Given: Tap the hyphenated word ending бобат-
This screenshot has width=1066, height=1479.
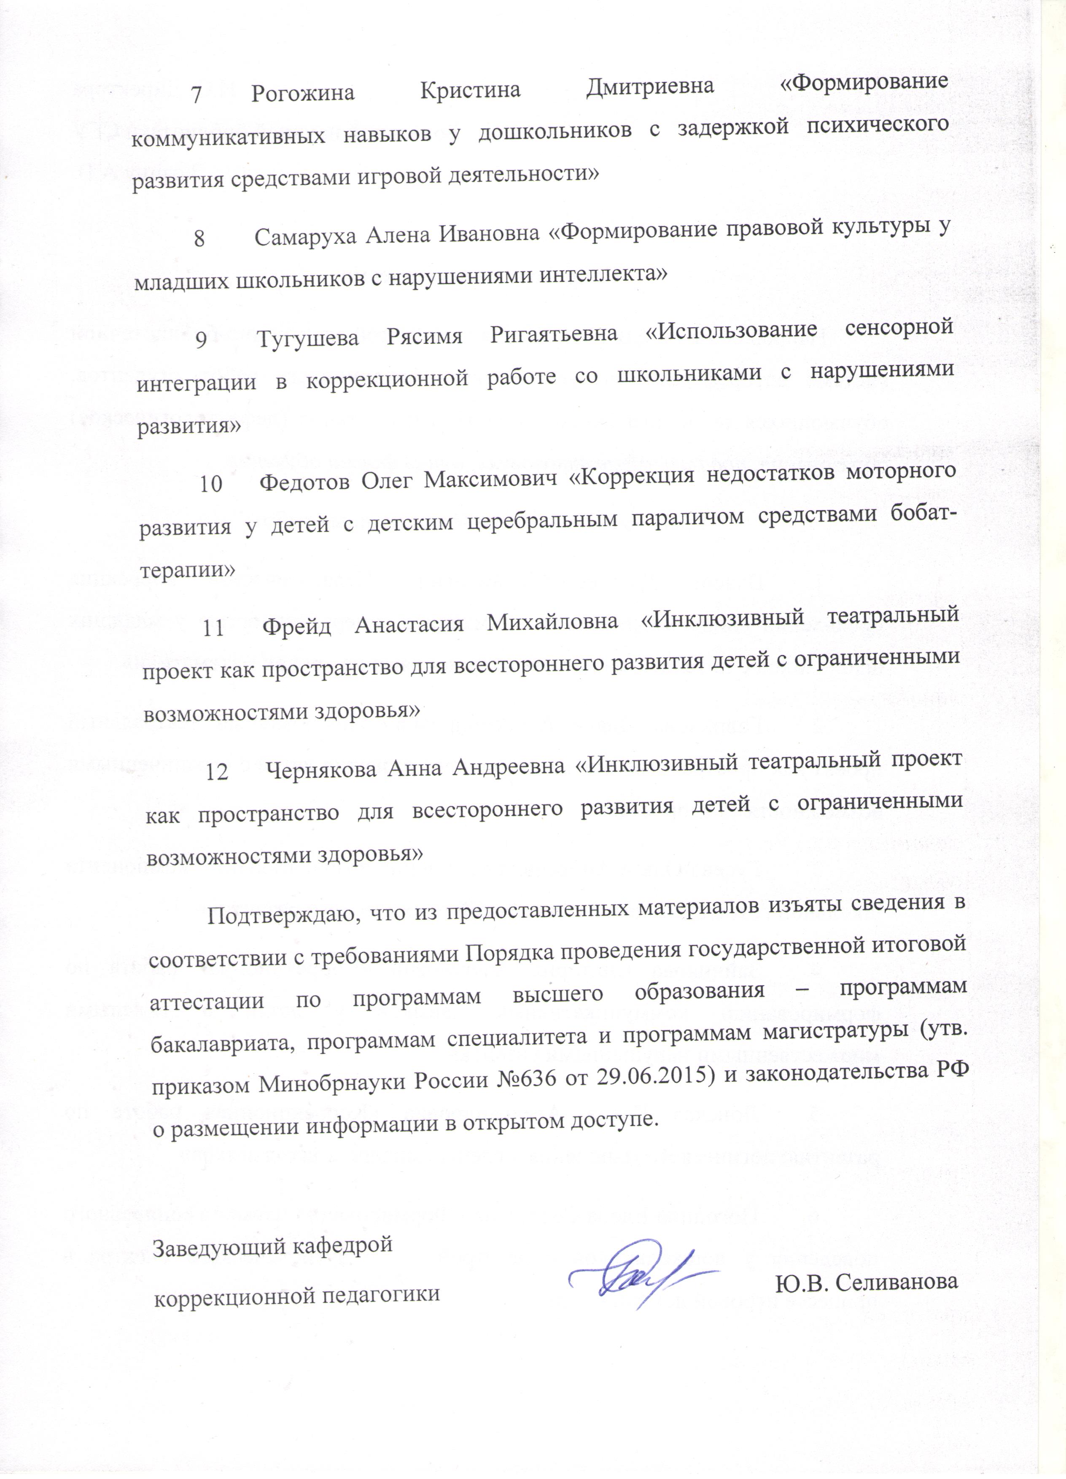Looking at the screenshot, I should tap(915, 513).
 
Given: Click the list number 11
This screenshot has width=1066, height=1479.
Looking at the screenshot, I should tap(213, 628).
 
